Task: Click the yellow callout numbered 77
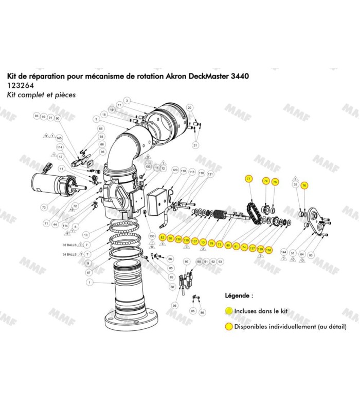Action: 249,178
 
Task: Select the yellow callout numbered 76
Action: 304,185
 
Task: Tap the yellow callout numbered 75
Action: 275,181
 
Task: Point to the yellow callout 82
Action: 163,238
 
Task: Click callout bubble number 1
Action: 89,283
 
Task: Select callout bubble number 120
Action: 175,170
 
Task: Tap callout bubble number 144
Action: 283,253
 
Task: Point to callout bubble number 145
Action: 59,138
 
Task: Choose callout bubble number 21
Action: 195,146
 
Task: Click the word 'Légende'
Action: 239,296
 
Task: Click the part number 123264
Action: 20,86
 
